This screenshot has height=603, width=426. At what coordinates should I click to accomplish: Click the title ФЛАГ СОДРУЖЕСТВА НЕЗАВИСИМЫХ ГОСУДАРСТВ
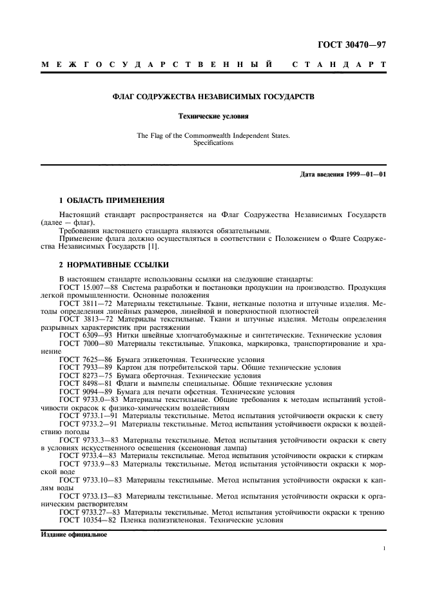point(213,97)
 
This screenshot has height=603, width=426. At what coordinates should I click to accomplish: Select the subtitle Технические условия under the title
point(213,117)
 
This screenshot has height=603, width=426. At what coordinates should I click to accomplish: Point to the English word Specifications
point(213,143)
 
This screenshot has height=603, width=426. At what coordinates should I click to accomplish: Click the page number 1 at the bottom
point(384,550)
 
